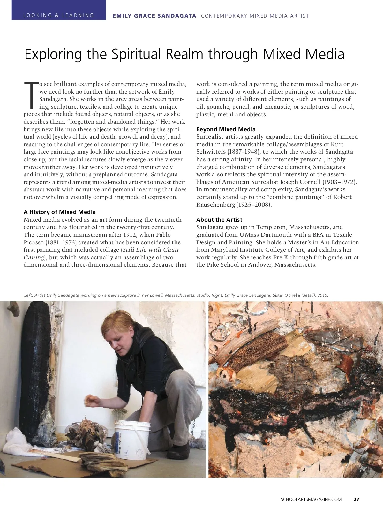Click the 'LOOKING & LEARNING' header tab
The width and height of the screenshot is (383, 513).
(x=59, y=15)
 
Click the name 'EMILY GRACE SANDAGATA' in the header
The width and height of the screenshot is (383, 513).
(x=154, y=16)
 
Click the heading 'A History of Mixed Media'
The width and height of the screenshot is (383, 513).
(x=60, y=212)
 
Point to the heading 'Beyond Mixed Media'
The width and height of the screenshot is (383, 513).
(x=226, y=129)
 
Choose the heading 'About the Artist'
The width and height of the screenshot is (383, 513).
(x=219, y=220)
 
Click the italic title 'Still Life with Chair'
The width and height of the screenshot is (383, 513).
(x=151, y=250)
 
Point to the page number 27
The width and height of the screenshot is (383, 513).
(x=357, y=499)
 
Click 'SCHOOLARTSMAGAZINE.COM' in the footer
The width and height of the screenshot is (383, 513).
(x=311, y=499)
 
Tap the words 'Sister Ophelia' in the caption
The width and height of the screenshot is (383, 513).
(x=286, y=295)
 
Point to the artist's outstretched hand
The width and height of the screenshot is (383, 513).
(x=91, y=401)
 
